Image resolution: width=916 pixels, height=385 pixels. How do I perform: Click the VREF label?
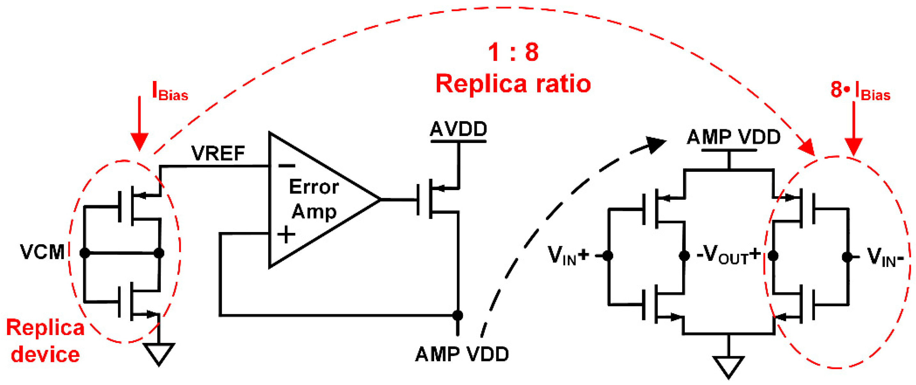pyautogui.click(x=218, y=154)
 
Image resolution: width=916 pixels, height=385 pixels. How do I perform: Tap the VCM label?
pyautogui.click(x=42, y=252)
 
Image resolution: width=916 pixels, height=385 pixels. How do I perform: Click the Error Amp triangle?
pyautogui.click(x=313, y=199)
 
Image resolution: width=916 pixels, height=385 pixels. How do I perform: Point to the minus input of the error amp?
pyautogui.click(x=287, y=166)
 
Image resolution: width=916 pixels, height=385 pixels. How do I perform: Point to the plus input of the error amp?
pyautogui.click(x=286, y=235)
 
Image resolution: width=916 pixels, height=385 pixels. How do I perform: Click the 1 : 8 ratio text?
pyautogui.click(x=513, y=52)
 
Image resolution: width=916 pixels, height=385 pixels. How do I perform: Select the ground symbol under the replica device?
pyautogui.click(x=159, y=354)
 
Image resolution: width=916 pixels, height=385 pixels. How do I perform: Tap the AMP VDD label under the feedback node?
pyautogui.click(x=462, y=354)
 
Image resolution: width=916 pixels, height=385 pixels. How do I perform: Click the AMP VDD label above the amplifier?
pyautogui.click(x=733, y=137)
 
